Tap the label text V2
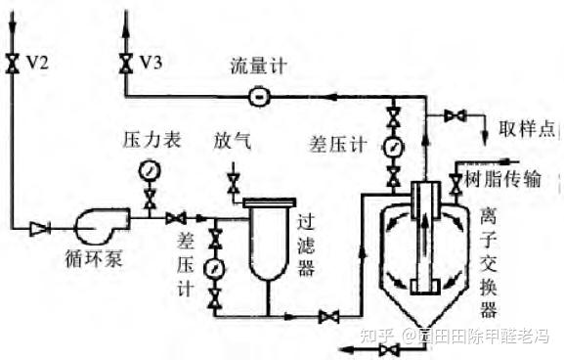37,63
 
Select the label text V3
151,63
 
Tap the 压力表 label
152,141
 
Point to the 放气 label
233,141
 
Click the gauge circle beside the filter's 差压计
215,267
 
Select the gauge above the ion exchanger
393,148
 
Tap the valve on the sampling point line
454,116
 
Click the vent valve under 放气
233,181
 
